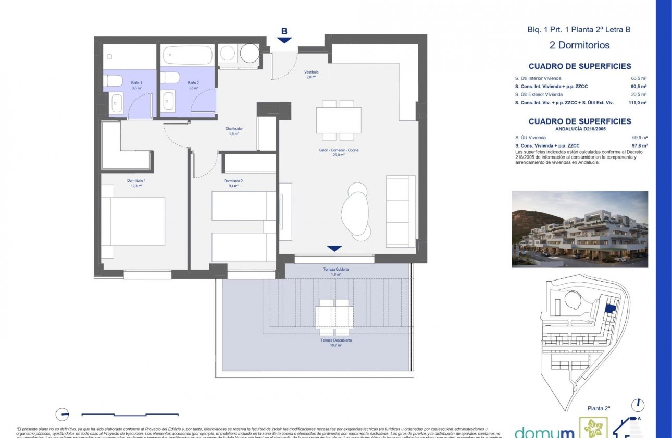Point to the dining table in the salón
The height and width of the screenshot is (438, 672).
[339, 120]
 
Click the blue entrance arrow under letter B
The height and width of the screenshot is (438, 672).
[284, 40]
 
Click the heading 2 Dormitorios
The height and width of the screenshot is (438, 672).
[579, 45]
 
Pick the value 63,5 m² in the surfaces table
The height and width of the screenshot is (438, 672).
[639, 78]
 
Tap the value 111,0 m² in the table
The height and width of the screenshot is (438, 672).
[638, 103]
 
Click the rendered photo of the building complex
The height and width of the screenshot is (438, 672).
[580, 229]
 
